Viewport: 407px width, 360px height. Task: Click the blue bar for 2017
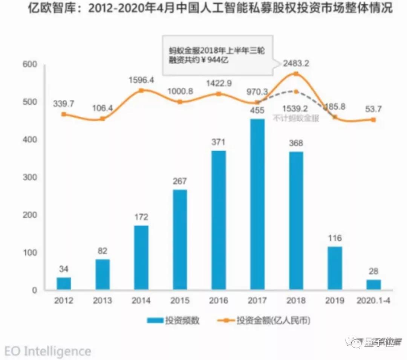tap(257, 204)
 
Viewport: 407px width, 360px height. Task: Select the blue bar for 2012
tap(64, 283)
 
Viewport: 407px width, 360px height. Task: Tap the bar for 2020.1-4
tap(373, 284)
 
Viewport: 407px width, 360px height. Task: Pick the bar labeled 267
tap(180, 239)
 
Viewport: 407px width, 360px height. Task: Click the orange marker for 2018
tap(296, 74)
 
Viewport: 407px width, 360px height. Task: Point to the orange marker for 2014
tap(141, 90)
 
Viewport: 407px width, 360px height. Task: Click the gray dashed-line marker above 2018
tap(296, 92)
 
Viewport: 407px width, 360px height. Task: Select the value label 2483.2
tap(296, 64)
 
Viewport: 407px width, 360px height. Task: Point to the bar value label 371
tap(219, 142)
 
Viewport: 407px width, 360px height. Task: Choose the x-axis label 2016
tap(219, 301)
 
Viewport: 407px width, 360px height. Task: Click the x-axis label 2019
tap(335, 301)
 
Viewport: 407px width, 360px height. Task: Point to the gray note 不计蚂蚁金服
tap(296, 118)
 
